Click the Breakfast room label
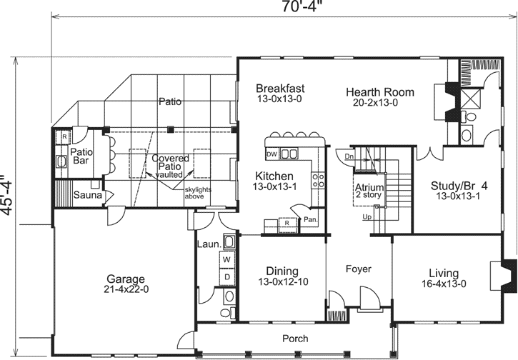coord(281,89)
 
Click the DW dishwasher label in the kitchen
coord(272,154)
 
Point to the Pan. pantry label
coord(310,220)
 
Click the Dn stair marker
coord(349,156)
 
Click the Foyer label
coord(358,270)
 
